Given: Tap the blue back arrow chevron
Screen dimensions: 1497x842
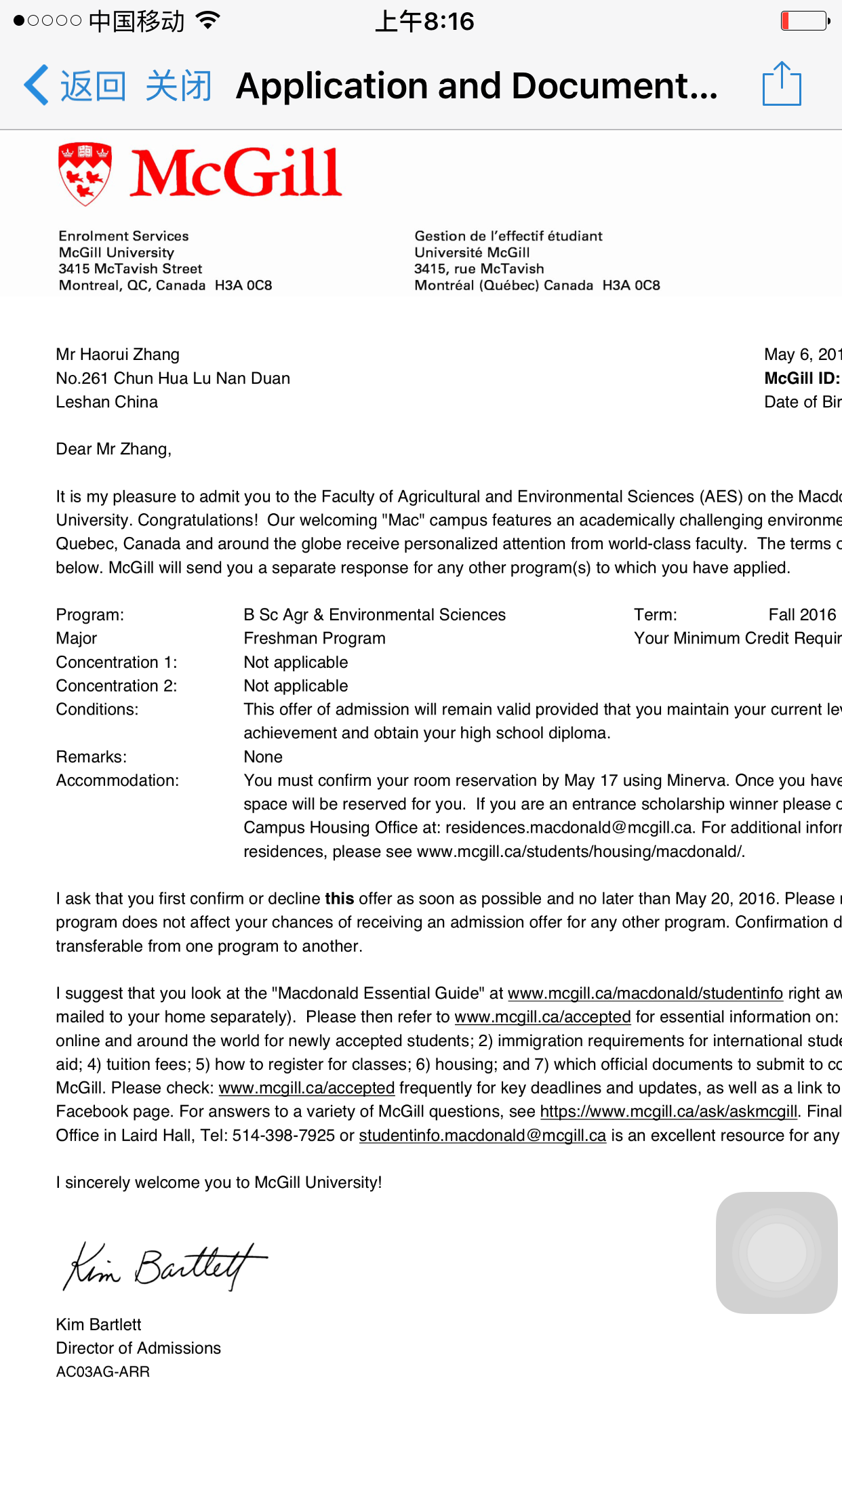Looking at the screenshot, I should click(37, 85).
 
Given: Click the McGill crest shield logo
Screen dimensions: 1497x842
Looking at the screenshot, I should click(85, 174).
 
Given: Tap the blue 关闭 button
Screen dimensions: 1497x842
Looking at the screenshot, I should click(179, 86).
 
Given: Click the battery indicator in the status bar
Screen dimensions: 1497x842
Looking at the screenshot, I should click(804, 21).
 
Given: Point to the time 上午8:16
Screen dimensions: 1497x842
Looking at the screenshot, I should click(424, 22).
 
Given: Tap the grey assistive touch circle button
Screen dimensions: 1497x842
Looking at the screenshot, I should click(776, 1252).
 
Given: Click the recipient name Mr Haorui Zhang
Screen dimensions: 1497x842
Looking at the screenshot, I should click(118, 355).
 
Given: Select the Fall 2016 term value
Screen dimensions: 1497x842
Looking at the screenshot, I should click(802, 615).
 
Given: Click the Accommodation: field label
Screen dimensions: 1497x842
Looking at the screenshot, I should click(117, 780).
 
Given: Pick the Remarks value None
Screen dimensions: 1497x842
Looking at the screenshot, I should click(263, 757).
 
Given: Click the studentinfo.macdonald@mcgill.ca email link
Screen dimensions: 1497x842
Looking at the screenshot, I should click(482, 1136).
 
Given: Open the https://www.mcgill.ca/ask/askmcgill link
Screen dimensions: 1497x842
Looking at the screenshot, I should click(668, 1112).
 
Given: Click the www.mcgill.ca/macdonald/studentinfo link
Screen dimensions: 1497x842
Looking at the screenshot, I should click(645, 993).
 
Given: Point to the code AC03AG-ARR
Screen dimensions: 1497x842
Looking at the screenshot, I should click(103, 1372).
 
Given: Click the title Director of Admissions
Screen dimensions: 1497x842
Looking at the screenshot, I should click(138, 1349).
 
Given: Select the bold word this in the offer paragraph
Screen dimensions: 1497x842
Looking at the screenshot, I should click(339, 899).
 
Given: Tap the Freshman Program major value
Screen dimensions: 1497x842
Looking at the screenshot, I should click(315, 639).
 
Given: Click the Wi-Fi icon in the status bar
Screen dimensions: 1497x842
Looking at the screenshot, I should click(207, 20).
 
